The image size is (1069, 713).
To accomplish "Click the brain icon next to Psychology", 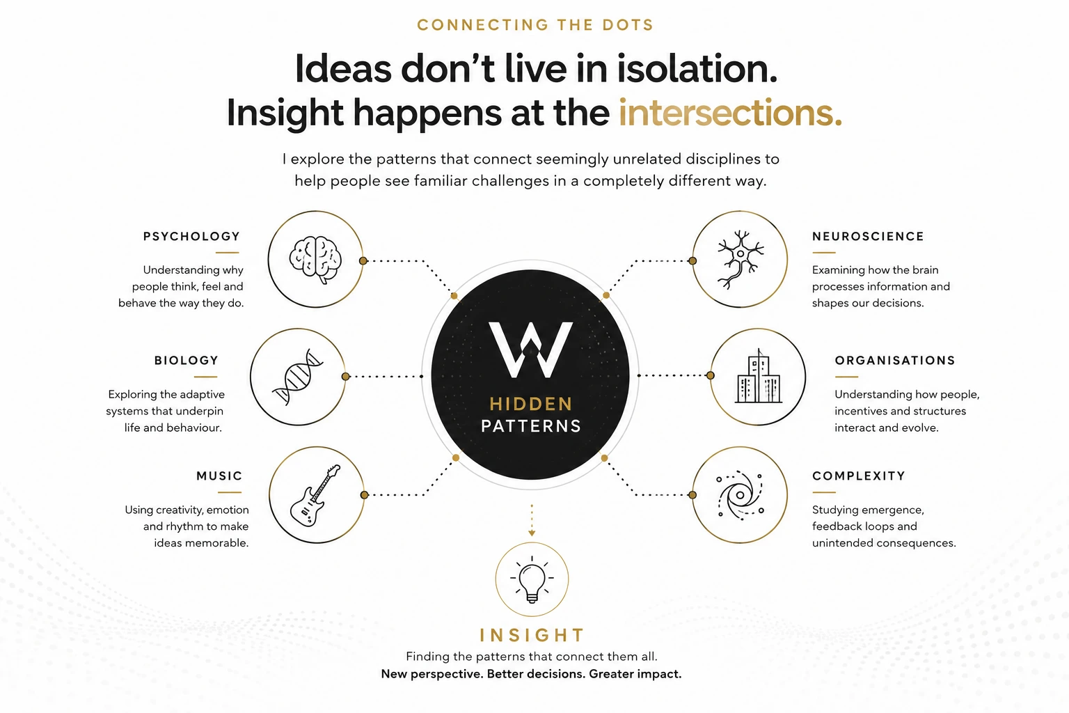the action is pos(315,259).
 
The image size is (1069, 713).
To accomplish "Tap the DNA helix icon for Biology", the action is pos(298,377).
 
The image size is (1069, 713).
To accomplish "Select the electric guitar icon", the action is pos(315,495).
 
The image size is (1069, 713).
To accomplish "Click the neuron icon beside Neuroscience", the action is pos(741,259).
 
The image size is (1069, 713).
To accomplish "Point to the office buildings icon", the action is pos(759,376).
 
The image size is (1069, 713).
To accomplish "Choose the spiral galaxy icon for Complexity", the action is pos(741,495).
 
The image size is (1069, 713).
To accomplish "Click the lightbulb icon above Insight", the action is pos(532,580).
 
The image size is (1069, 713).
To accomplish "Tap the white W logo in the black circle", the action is pos(531,349).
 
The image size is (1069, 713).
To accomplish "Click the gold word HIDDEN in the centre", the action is pos(531,404).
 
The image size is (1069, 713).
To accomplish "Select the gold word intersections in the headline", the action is pos(730,113).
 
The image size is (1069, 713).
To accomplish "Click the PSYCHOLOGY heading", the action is pos(191,237).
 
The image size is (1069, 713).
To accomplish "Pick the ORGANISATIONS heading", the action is pos(895,360).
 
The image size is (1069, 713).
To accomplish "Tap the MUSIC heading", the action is pos(219,476).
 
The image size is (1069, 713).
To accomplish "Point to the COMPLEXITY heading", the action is pos(859,476).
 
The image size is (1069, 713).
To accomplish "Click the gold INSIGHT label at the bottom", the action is pos(532,635).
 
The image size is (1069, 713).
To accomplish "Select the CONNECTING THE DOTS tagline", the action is pos(535,25).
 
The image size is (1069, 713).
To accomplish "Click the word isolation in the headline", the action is pos(697,69).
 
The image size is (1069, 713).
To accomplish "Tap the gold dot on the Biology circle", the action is pos(345,376).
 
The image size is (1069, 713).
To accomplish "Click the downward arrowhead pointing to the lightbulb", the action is pos(532,533).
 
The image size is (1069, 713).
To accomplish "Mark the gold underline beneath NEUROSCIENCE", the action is pos(824,253).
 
